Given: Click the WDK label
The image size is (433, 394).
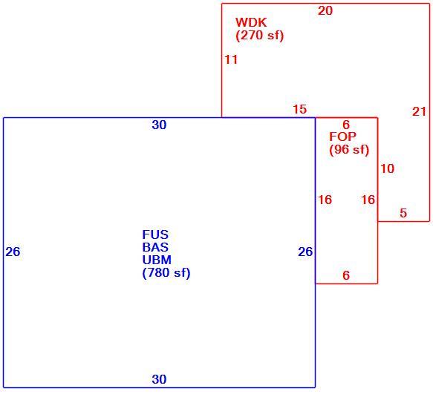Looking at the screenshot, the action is click(251, 22).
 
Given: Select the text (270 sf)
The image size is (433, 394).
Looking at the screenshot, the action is click(260, 36).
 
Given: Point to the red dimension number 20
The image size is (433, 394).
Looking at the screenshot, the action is click(325, 11).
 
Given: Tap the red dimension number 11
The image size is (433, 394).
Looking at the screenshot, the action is click(231, 59).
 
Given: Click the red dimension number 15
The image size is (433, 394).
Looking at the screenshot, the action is click(299, 109).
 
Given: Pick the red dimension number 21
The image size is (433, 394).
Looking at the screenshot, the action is click(419, 112).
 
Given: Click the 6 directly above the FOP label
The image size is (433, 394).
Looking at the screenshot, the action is click(346, 125).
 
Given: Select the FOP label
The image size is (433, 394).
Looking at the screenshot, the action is click(342, 137).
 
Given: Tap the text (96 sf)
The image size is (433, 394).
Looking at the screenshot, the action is click(349, 150).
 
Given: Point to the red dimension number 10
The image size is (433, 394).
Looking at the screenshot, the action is click(387, 168).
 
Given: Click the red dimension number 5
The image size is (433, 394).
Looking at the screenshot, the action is click(403, 213).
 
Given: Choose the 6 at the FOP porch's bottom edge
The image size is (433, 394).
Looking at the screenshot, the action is click(346, 275).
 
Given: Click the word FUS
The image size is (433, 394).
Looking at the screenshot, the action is click(155, 234).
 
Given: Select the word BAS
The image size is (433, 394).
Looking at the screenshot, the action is click(155, 247).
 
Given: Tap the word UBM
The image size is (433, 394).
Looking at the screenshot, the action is click(157, 260).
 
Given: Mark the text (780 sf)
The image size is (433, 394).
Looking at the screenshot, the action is click(166, 273).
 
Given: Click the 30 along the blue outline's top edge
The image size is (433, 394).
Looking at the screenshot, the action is click(159, 125).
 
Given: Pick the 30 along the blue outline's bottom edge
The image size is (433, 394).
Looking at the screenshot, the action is click(159, 379).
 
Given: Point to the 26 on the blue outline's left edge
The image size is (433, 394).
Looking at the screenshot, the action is click(13, 252).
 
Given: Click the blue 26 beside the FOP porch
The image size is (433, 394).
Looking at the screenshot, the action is click(305, 252).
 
